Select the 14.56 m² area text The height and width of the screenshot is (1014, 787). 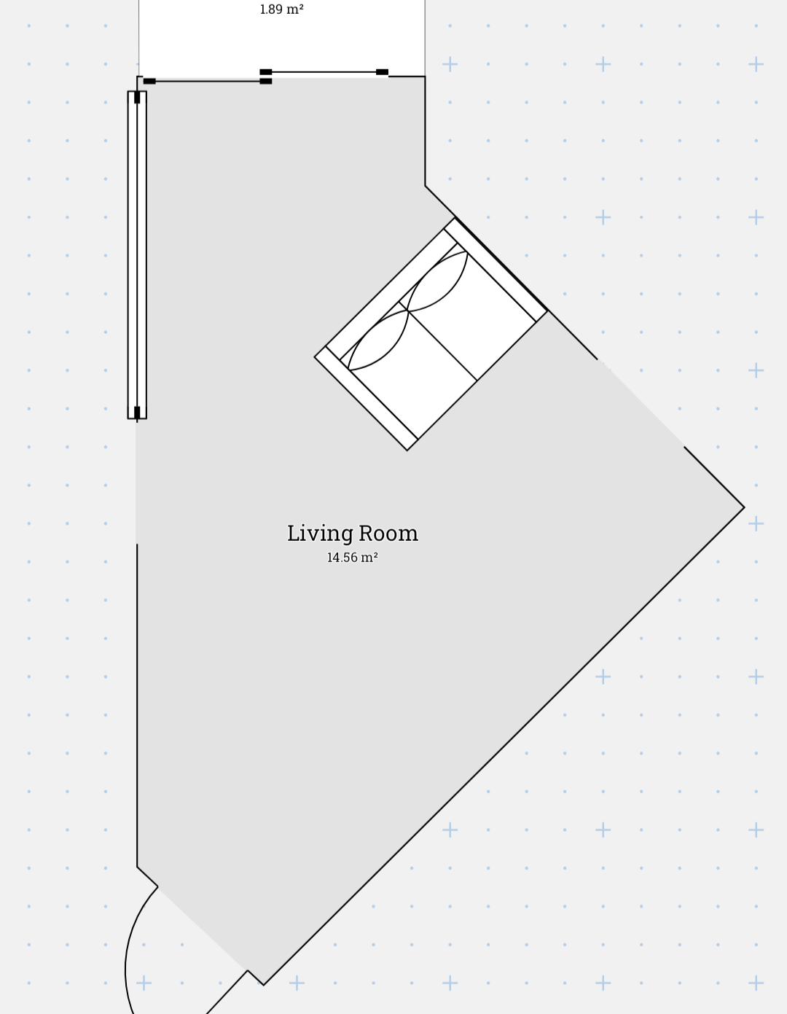(x=352, y=557)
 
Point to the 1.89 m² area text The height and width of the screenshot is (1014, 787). (x=281, y=9)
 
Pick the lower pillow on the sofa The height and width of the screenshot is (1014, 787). (x=379, y=340)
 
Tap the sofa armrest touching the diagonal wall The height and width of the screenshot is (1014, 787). (x=495, y=270)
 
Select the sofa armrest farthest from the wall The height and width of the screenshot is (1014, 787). (x=366, y=399)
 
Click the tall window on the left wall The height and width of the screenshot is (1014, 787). (x=137, y=255)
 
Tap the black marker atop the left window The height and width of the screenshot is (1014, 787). (x=137, y=97)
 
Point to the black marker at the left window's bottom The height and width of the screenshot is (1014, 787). (x=137, y=413)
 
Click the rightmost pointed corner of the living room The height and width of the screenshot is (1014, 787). (x=745, y=507)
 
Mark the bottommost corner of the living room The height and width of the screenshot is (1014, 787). (x=263, y=985)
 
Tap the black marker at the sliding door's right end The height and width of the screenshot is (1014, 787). (x=383, y=72)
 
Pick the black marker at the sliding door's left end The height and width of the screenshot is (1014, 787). (x=149, y=81)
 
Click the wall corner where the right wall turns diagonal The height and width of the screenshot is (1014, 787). (x=426, y=186)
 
